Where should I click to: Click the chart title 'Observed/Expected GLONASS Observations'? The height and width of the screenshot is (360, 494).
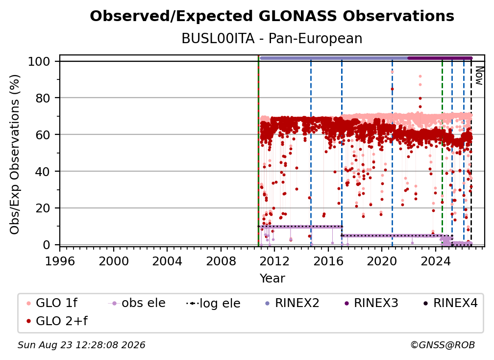(x=272, y=16)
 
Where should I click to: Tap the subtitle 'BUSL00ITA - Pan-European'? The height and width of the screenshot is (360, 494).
(x=272, y=38)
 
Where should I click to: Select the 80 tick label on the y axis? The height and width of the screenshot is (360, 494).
(x=43, y=98)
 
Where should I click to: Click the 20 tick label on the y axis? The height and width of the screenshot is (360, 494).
(x=43, y=208)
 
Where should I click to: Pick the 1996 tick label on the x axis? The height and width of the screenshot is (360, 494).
(x=60, y=261)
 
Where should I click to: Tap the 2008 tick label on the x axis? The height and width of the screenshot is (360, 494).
(x=221, y=261)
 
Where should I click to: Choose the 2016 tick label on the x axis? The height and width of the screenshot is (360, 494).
(x=328, y=261)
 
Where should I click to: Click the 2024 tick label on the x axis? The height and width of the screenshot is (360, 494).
(x=435, y=261)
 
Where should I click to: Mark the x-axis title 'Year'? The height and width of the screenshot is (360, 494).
(x=272, y=279)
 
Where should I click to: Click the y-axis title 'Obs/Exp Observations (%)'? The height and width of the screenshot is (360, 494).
(x=15, y=154)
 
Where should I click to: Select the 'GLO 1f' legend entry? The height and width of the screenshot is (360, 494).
(x=51, y=303)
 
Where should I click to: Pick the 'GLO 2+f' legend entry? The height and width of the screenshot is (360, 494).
(x=57, y=321)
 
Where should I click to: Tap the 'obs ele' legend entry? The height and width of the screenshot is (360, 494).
(x=136, y=303)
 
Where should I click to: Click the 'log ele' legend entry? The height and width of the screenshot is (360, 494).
(x=213, y=303)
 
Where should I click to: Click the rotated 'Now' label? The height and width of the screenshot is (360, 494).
(x=479, y=76)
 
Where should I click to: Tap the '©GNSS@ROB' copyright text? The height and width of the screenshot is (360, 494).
(x=443, y=345)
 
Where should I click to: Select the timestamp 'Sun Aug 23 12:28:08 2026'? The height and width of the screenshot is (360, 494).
(x=81, y=345)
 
